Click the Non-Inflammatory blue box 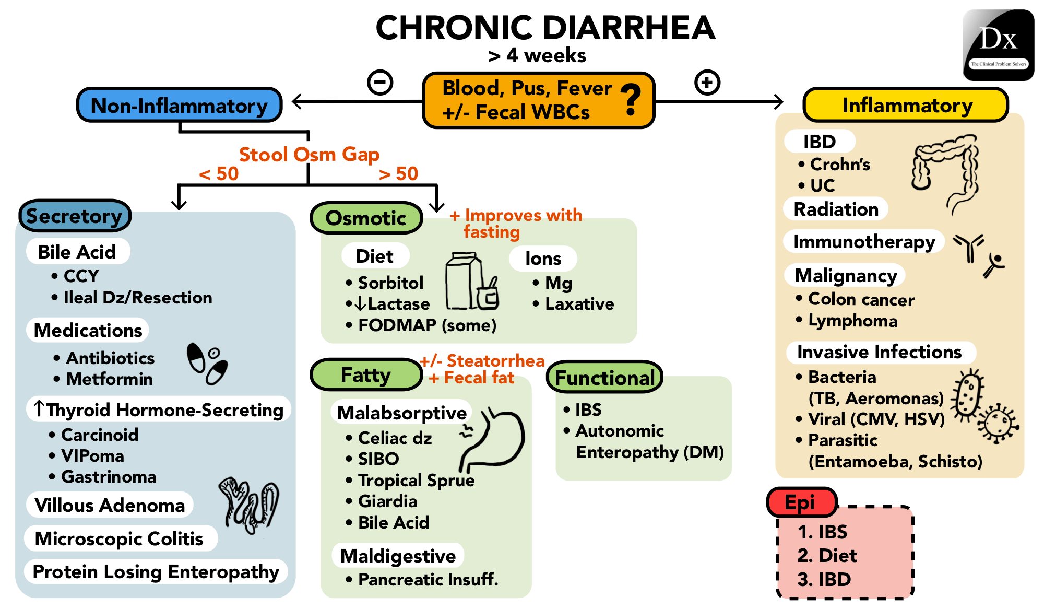tap(179, 106)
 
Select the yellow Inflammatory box tap(906, 105)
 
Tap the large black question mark tap(631, 100)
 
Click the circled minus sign tap(380, 83)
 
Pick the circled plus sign tap(707, 83)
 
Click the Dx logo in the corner tap(998, 45)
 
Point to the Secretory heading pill tap(75, 216)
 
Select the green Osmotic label tap(366, 218)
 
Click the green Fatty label tap(366, 374)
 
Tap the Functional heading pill tap(604, 377)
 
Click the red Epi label tap(800, 502)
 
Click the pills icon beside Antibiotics tap(207, 363)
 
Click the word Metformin tap(109, 379)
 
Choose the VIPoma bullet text tap(92, 456)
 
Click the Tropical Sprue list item tap(416, 481)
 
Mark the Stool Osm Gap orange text tap(309, 155)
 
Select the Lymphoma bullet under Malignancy tap(852, 321)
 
